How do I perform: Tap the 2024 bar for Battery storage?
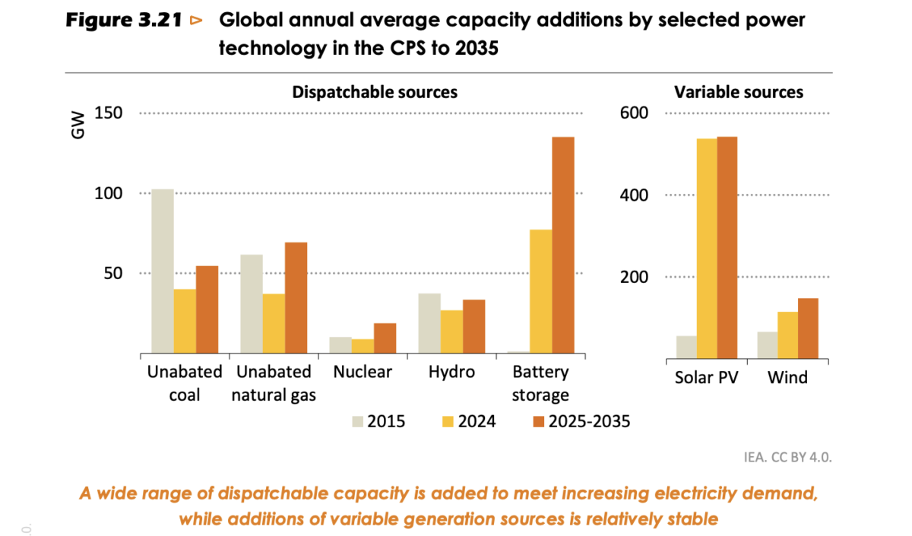click(x=540, y=292)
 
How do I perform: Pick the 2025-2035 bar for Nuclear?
click(x=385, y=339)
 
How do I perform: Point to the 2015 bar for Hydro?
click(x=429, y=324)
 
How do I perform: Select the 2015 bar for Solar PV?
click(x=686, y=347)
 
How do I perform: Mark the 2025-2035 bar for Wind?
click(x=808, y=328)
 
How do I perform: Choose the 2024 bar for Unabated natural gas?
click(x=274, y=324)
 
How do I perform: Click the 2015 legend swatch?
click(x=357, y=420)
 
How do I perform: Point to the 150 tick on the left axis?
click(x=109, y=113)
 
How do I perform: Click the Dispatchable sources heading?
click(x=375, y=92)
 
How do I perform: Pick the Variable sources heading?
click(x=739, y=92)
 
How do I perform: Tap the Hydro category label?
click(x=451, y=372)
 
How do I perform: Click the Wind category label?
click(x=787, y=377)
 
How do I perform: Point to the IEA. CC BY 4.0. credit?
click(x=788, y=458)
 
